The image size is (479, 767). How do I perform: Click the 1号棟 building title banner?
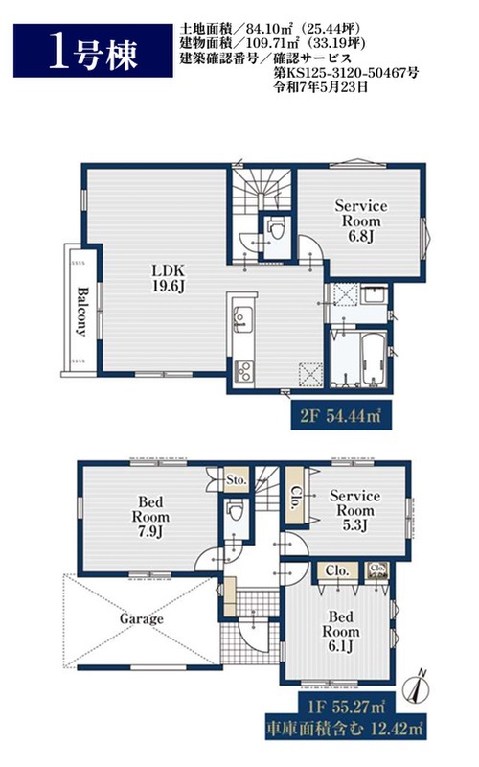pos(93,51)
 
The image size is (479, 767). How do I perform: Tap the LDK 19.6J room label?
pos(169,278)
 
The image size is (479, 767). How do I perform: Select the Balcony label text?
pos(81,311)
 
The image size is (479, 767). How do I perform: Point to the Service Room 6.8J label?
pos(361,221)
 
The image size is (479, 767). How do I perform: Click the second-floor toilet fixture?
pos(277,229)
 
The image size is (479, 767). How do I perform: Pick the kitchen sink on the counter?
pos(242,319)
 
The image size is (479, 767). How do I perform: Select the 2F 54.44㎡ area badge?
pos(341,416)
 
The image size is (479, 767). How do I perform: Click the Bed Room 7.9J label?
pos(150,516)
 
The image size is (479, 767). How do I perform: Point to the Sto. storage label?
pos(237,480)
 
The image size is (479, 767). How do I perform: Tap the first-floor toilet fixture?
pos(236,512)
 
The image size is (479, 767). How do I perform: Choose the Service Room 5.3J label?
pos(354,510)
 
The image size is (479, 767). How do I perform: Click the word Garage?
pos(141,618)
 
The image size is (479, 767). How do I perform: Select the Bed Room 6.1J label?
pos(341,631)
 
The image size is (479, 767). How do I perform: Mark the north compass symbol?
pos(417,688)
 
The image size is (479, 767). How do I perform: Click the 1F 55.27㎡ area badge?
pos(346,707)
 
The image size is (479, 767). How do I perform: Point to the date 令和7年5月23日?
pos(320,87)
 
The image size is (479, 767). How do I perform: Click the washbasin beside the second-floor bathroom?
pos(374,296)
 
